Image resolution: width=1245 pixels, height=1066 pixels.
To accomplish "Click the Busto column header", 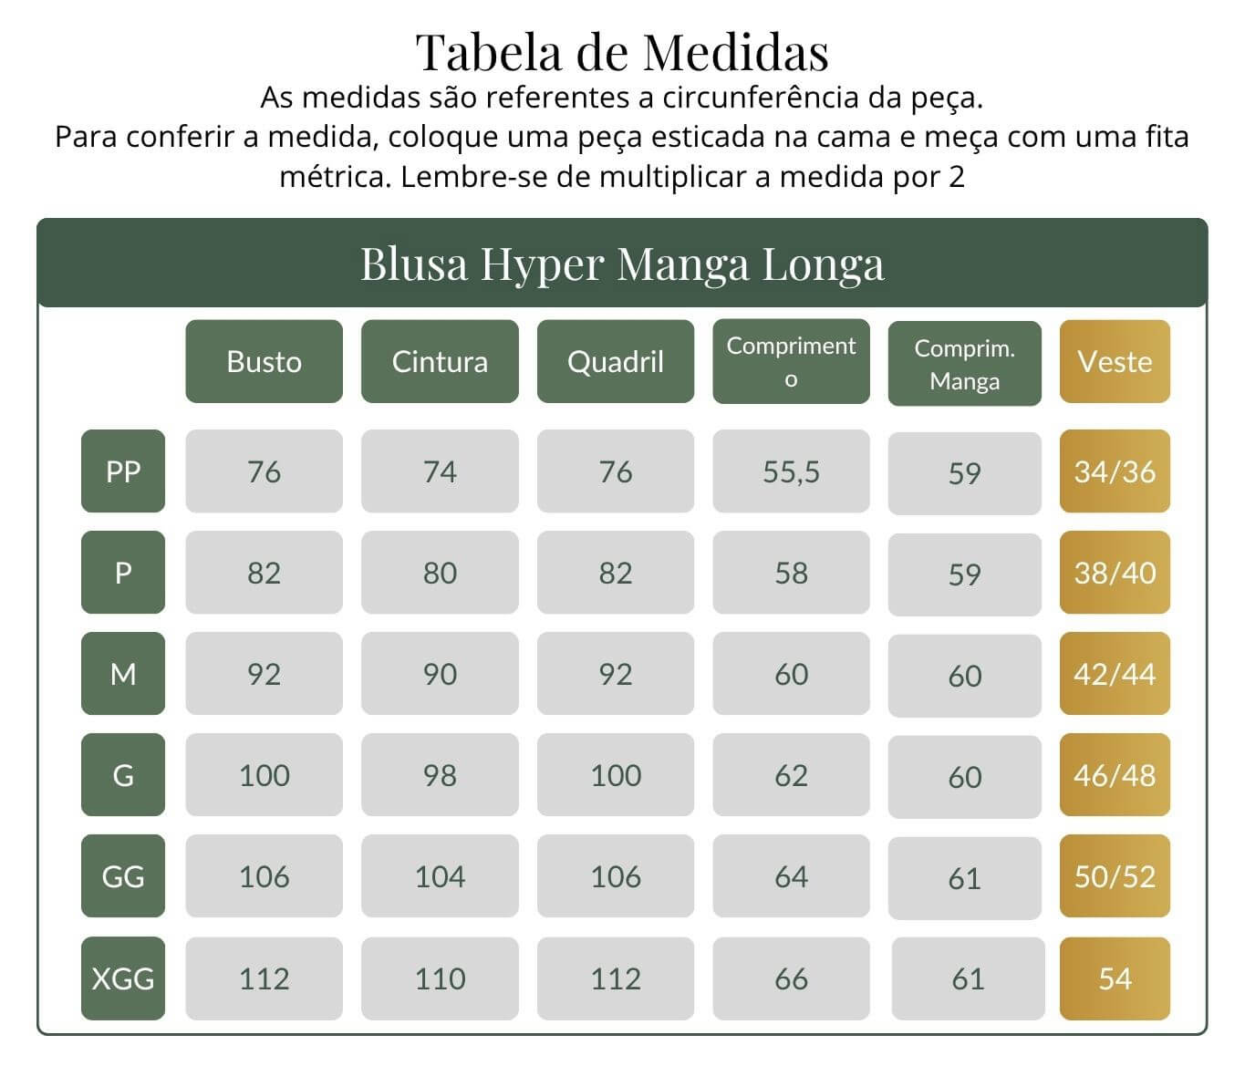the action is point(264,361).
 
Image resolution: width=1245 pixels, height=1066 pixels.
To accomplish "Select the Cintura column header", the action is point(440,361).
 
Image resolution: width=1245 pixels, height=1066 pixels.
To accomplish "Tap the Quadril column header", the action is point(616,361).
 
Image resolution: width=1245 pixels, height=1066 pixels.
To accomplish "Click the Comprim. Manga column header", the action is point(964,363).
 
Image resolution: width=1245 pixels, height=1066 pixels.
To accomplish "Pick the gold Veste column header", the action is point(1115,361).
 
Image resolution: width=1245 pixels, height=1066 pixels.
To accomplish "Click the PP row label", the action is point(123,471).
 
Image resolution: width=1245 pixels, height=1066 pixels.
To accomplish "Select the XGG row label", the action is point(123,978).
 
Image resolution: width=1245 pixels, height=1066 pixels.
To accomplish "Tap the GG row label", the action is point(123,875).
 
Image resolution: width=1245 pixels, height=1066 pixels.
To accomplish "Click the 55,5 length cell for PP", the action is point(791,471).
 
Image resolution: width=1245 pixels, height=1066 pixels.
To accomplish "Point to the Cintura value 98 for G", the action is point(440,774).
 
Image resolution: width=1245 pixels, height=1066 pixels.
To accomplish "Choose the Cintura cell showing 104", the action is point(440,875).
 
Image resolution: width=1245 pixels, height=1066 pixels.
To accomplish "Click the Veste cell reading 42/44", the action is point(1115,673).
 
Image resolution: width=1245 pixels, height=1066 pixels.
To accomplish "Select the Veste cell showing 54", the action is point(1115,978).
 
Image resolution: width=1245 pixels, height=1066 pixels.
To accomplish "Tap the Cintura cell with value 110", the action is point(440,978).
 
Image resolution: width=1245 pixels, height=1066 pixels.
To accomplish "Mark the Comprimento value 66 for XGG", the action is point(791,978).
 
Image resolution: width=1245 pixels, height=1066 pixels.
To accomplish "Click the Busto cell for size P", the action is point(264,572).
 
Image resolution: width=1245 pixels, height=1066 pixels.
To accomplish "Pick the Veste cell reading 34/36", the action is point(1115,471).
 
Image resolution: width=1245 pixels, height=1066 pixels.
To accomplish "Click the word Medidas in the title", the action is point(736,52).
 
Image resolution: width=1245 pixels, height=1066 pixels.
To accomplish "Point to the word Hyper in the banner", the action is point(542,265).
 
